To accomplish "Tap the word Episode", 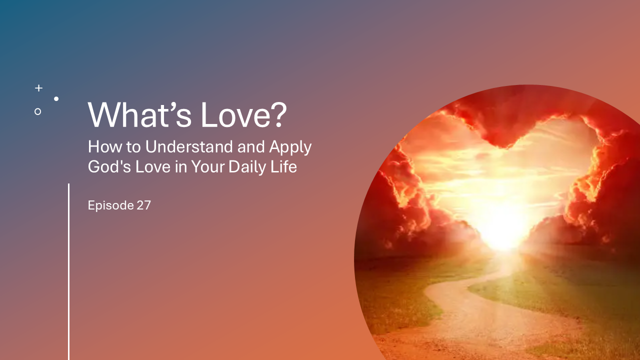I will coord(110,205).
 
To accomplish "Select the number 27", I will coord(143,205).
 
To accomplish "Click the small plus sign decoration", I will coord(38,88).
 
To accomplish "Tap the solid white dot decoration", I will coord(56,99).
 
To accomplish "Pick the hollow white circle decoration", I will coord(37,111).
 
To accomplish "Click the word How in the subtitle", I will coord(101,147).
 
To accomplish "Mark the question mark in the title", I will coord(279,115).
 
